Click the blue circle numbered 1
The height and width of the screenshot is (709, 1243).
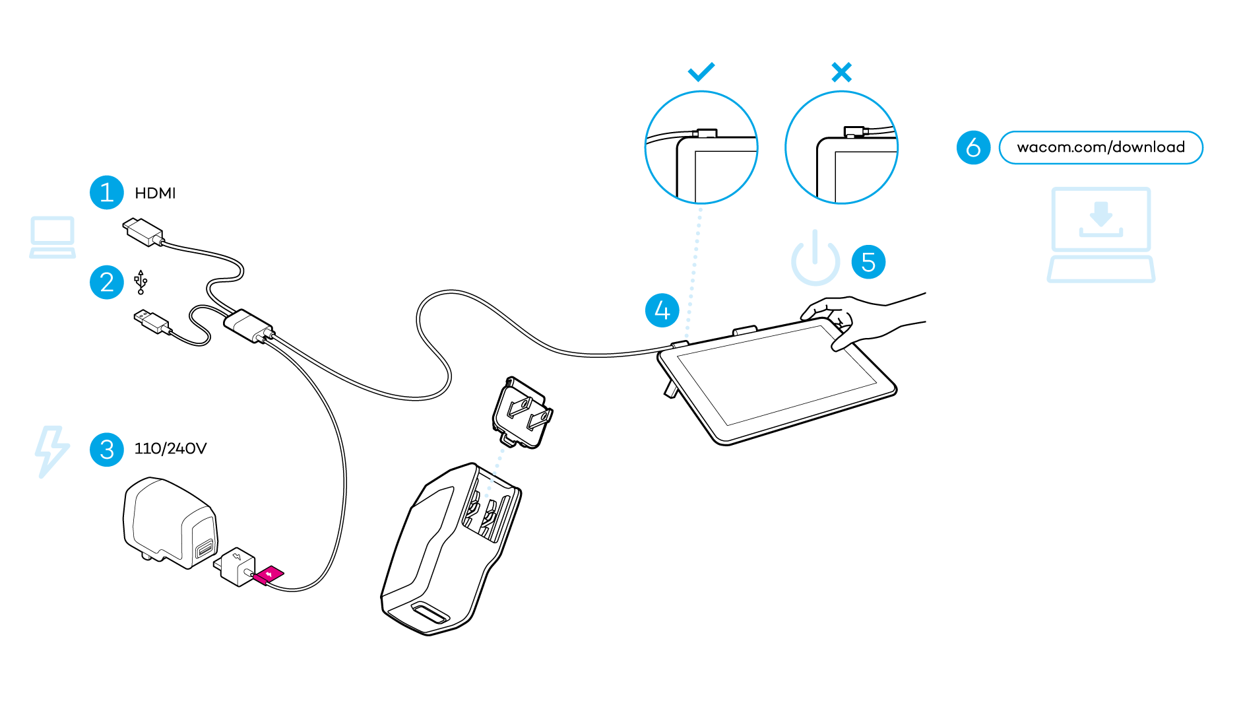[107, 193]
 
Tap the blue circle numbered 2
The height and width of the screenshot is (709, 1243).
[107, 283]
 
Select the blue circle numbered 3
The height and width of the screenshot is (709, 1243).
[107, 450]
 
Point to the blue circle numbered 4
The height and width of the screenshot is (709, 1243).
[662, 310]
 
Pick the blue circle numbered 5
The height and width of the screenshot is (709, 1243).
[868, 262]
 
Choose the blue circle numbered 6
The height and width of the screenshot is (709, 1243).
[973, 147]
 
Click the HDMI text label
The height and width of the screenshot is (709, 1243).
[155, 193]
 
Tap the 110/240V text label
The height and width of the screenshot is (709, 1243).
[170, 449]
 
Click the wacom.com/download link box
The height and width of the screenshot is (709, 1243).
[1100, 147]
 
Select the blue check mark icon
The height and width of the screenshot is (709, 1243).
[701, 71]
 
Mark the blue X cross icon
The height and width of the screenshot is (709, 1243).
[842, 72]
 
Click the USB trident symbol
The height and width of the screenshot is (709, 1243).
[141, 282]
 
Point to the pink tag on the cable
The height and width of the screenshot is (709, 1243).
[269, 575]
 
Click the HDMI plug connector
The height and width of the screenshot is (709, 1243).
[143, 232]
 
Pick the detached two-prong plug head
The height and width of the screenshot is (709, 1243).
[523, 413]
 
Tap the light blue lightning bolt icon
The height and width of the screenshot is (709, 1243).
[51, 452]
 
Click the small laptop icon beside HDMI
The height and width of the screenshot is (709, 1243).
[53, 237]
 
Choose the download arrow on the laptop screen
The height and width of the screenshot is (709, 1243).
[1100, 214]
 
